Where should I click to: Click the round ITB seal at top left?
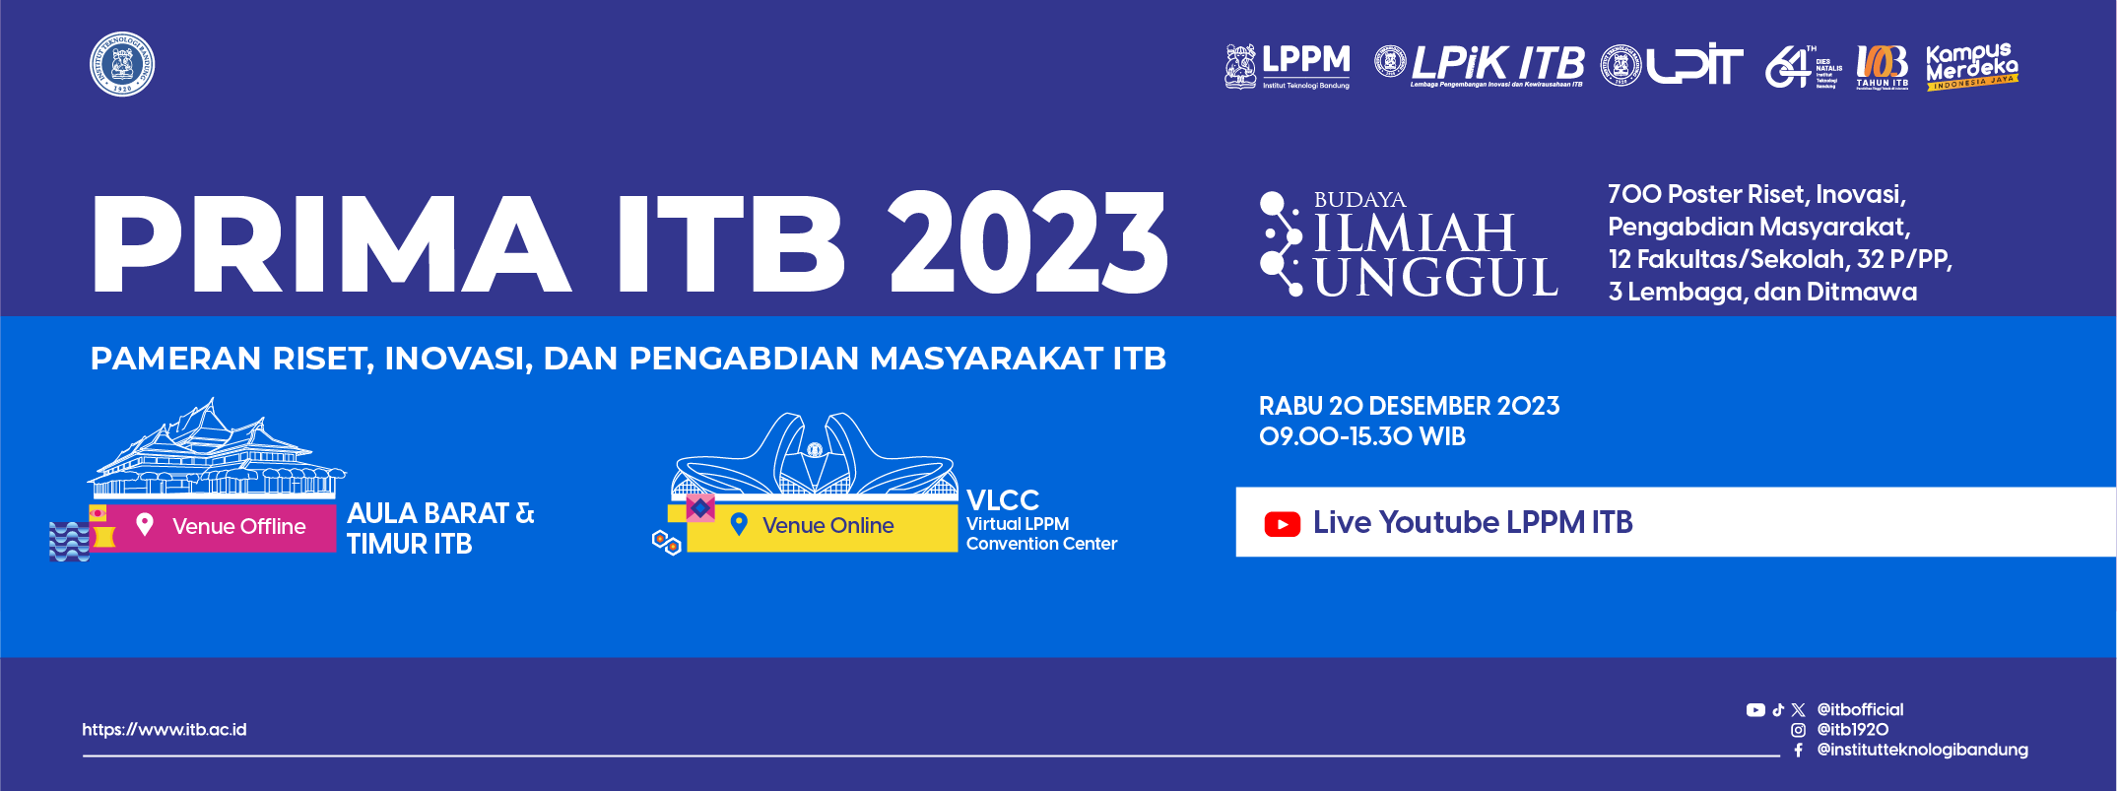(122, 65)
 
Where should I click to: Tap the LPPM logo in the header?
(1288, 66)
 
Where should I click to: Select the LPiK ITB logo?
(1480, 66)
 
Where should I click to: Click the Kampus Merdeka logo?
(1971, 66)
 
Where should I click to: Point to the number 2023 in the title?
(1027, 243)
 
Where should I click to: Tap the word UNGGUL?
(1436, 278)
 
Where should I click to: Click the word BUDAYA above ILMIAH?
(1359, 200)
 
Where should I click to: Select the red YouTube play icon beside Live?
(1282, 524)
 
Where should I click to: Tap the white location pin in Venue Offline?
(145, 524)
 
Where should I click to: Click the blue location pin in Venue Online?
(739, 524)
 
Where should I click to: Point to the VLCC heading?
(1003, 499)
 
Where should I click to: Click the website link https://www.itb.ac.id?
(165, 730)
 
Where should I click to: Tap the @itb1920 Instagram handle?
(1852, 730)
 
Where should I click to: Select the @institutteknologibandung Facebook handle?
(1922, 750)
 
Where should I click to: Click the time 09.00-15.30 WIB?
(1362, 436)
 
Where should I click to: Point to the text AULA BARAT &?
(440, 513)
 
